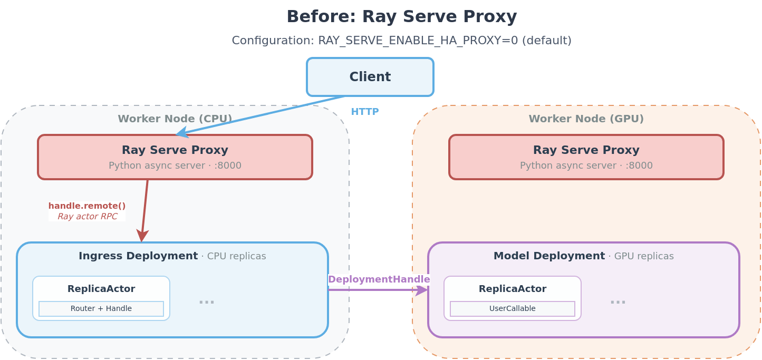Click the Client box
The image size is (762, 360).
pos(370,77)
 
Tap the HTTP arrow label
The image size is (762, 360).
pos(364,112)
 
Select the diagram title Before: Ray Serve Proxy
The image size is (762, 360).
pos(401,16)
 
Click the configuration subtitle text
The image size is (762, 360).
pos(401,41)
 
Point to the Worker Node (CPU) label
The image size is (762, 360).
pos(175,119)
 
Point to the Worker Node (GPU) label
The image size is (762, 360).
pos(586,119)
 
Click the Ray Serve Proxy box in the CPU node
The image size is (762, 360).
pos(175,157)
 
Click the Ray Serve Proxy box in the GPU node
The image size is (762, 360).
pos(586,157)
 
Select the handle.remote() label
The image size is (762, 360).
pos(87,206)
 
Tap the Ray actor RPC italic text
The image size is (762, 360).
pos(87,216)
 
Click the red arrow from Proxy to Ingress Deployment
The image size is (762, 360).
pos(144,211)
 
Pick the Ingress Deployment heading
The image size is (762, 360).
pos(139,256)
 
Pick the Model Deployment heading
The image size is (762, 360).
pos(549,256)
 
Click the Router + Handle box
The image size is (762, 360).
pos(101,309)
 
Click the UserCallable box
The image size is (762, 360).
pos(512,309)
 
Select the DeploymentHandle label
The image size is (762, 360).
pos(379,279)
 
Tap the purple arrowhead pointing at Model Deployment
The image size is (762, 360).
pos(422,290)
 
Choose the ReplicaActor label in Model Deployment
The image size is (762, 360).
pos(512,289)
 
